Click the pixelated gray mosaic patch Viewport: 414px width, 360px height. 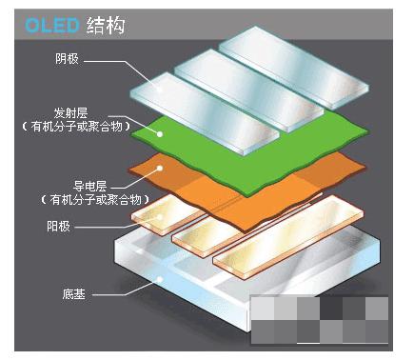318,322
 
